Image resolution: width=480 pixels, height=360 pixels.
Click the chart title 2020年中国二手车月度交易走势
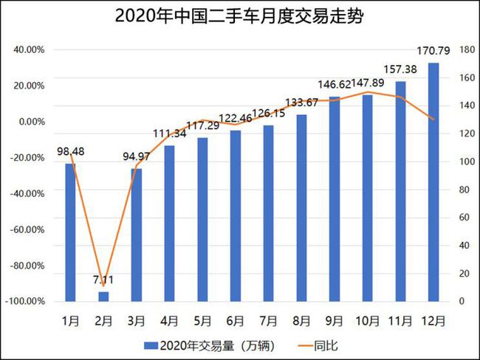pos(239,17)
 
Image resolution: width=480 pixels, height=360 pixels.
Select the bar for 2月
pos(103,297)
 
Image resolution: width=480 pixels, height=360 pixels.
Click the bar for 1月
pos(70,232)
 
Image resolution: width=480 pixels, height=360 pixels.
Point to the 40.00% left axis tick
pos(28,49)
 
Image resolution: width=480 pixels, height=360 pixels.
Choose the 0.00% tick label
pos(30,122)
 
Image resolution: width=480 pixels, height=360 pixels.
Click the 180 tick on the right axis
pos(466,49)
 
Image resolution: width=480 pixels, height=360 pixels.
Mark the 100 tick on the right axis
pos(466,162)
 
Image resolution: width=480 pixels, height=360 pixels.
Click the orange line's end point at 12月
pos(434,119)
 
